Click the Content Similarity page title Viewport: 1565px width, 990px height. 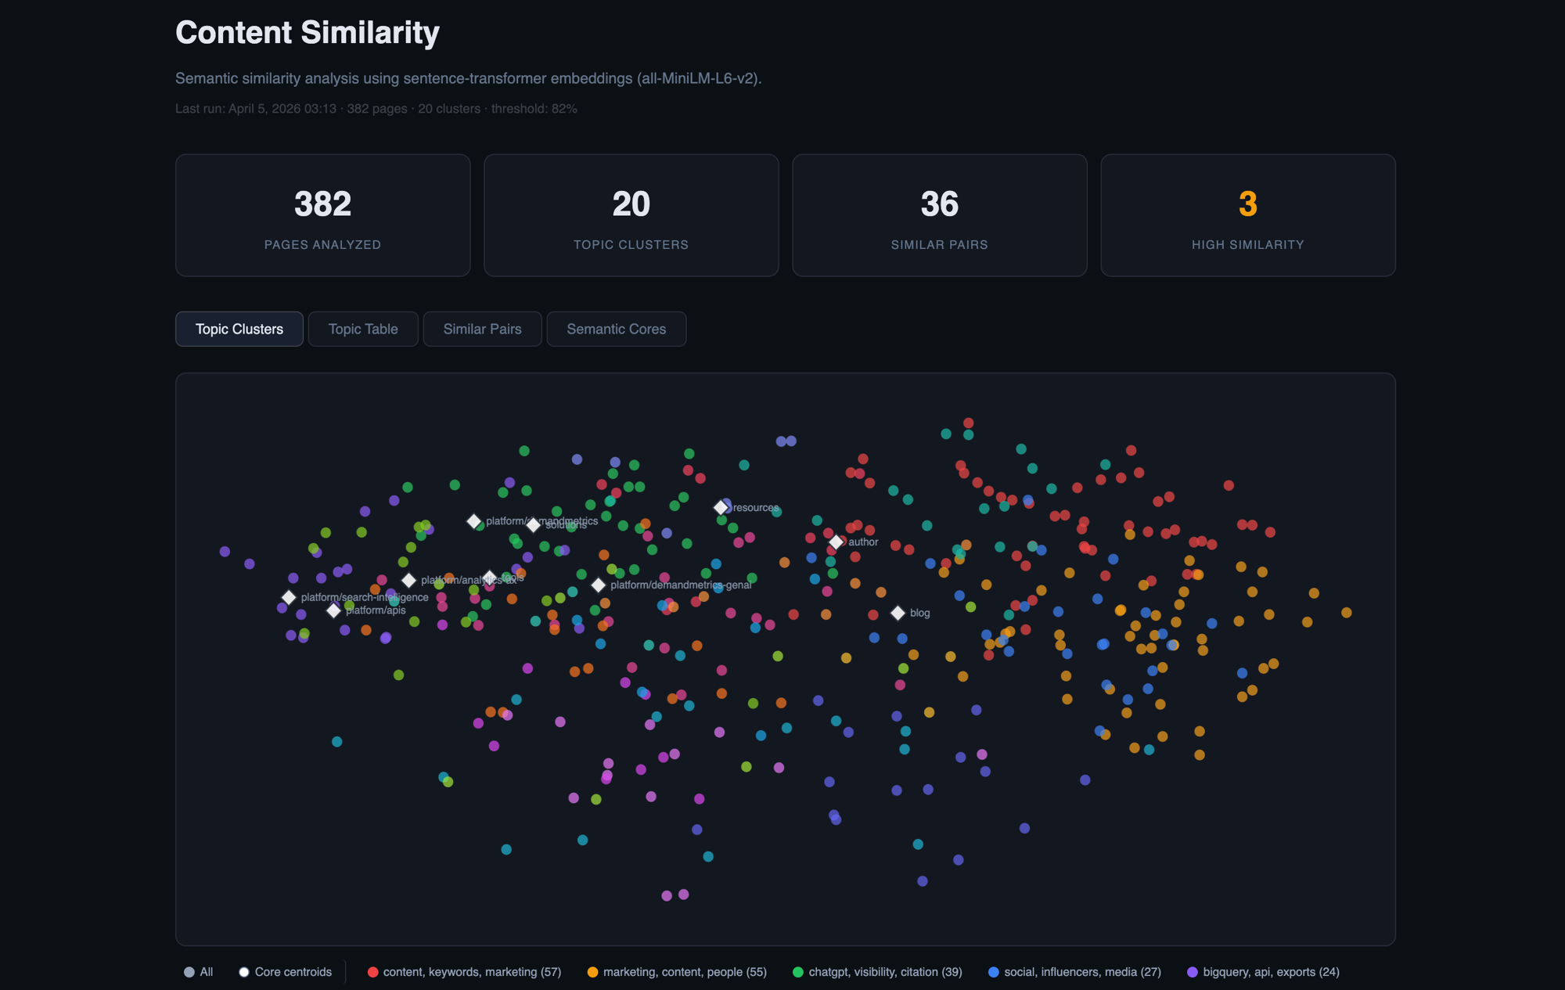point(307,33)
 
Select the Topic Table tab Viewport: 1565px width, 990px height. point(363,329)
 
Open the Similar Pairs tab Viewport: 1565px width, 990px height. point(482,329)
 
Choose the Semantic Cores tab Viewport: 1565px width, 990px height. point(616,329)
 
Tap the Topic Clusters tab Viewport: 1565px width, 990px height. point(239,329)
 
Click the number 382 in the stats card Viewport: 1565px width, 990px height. point(322,204)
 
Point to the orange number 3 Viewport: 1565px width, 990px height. point(1247,204)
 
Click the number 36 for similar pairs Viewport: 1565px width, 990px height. point(939,204)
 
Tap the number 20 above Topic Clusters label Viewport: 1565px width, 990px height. point(631,204)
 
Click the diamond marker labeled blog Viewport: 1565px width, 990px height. point(898,613)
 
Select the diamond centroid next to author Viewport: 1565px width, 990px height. point(836,542)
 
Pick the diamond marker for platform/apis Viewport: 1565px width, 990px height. point(334,610)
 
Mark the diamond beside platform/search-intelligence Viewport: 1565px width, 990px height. point(289,597)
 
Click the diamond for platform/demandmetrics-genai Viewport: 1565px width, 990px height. point(599,585)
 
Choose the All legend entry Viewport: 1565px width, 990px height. point(199,972)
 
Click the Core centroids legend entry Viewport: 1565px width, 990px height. point(286,972)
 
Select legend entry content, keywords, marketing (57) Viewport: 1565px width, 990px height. point(465,972)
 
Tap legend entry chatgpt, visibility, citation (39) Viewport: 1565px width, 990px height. point(877,972)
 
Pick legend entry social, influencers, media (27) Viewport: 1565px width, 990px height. point(1074,972)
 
